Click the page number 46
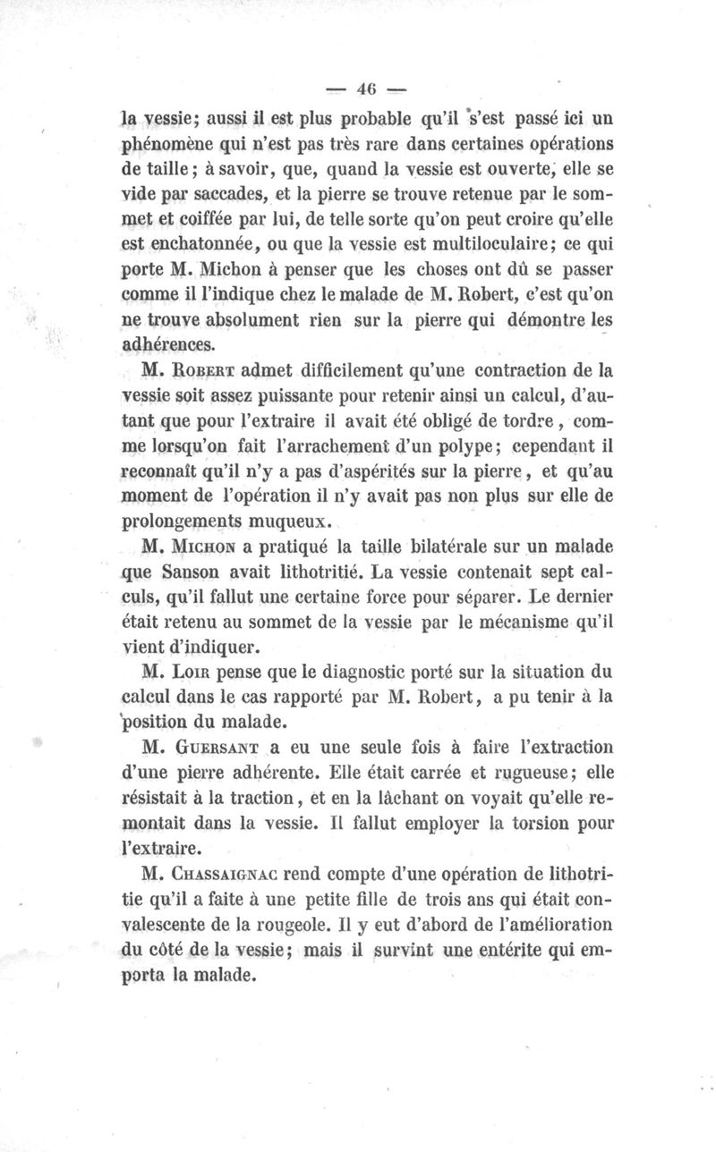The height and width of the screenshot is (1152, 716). click(365, 88)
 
